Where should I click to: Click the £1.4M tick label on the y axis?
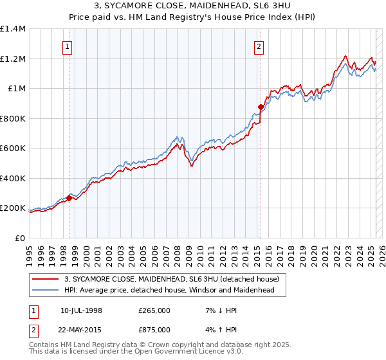(x=13, y=29)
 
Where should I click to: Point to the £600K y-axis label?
(x=13, y=148)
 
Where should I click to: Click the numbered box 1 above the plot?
(x=68, y=46)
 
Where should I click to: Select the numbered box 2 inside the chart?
(x=259, y=46)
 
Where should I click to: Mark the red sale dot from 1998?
(x=69, y=199)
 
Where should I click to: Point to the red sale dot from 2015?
(x=261, y=107)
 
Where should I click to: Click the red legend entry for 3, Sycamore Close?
(x=171, y=279)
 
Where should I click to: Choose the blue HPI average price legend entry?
(x=169, y=291)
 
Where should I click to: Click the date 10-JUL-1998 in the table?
(x=81, y=310)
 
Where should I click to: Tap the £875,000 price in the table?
(x=154, y=329)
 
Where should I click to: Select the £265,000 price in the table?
(x=154, y=310)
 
